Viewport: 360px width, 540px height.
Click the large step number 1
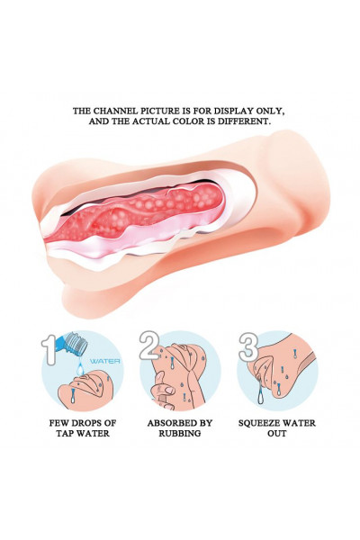(49, 349)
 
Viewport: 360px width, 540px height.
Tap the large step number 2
(149, 346)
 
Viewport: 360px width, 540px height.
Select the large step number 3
(248, 347)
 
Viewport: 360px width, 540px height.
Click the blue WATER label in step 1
(105, 361)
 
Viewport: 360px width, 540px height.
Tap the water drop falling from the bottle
(80, 367)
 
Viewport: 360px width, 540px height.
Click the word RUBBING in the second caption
(180, 433)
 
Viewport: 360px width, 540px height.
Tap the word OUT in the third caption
(277, 433)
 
